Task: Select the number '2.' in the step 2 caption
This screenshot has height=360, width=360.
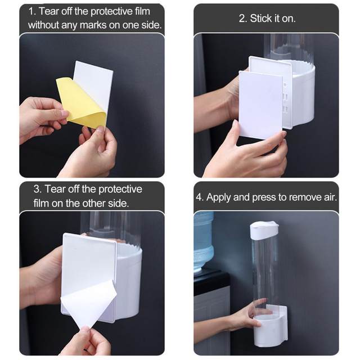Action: coord(243,19)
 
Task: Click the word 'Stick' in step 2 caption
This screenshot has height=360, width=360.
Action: coord(261,19)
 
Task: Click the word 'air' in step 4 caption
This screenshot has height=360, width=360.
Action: coord(327,197)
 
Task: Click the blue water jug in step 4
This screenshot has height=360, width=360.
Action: coord(203,242)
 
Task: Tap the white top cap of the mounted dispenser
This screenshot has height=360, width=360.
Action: coord(264,228)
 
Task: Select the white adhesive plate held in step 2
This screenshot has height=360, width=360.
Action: coord(260,105)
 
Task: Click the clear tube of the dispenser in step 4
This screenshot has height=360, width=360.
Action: coord(264,270)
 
